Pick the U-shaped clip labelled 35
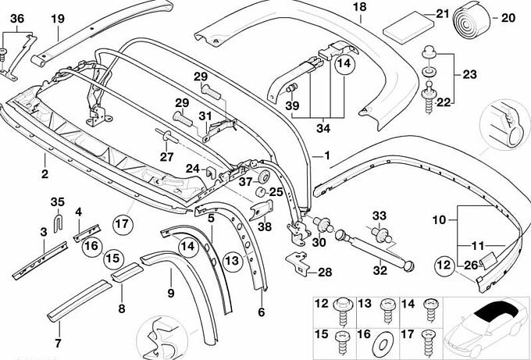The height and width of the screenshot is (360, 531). click(x=57, y=224)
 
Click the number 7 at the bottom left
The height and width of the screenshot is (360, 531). click(x=56, y=342)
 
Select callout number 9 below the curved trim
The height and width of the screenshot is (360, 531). click(x=169, y=294)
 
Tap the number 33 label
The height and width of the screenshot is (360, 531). click(x=380, y=216)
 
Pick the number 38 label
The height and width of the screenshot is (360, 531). click(x=265, y=228)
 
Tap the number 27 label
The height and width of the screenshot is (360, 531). click(x=166, y=155)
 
